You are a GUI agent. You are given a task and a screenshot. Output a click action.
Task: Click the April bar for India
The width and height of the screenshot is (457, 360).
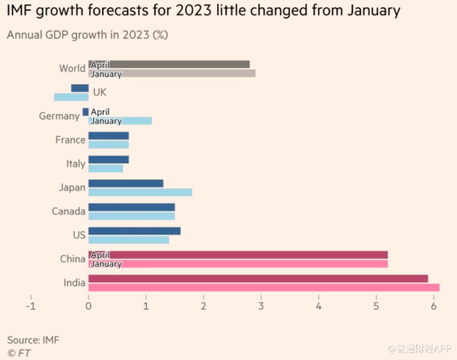[x=258, y=278]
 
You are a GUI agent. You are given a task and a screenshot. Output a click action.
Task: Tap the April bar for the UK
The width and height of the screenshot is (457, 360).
[x=79, y=88]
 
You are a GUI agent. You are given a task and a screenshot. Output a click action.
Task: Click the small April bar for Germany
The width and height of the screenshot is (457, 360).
[x=86, y=112]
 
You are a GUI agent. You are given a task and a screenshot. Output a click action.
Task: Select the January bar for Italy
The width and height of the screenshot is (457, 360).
[x=106, y=169]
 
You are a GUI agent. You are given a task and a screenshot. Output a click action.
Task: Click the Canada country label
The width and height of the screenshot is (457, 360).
[x=68, y=211]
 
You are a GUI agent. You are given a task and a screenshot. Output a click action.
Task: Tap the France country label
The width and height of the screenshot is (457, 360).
[x=70, y=140]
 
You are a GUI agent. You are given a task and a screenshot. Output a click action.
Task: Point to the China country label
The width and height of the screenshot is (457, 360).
[x=72, y=259]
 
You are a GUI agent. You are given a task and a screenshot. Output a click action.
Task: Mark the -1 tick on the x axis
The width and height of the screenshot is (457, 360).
[x=31, y=306]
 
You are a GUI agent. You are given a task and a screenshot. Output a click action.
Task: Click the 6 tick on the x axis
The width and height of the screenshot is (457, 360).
[x=434, y=306]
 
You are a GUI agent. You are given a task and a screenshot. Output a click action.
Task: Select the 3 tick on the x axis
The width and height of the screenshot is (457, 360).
[x=261, y=306]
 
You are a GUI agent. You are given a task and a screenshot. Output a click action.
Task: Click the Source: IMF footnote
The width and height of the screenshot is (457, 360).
[x=33, y=340]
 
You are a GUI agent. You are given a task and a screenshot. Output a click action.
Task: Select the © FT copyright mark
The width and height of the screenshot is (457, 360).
[x=19, y=352]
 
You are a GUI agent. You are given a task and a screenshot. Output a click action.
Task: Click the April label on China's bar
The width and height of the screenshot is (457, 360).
[x=100, y=255]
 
